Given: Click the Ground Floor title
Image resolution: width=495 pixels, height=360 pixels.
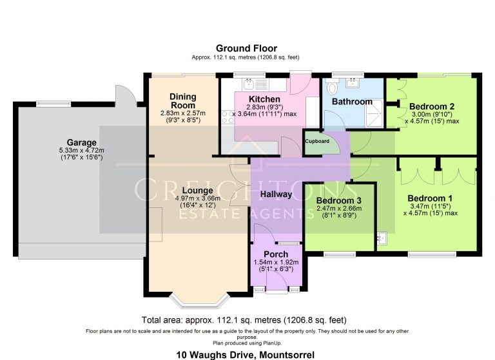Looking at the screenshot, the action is tap(246, 48).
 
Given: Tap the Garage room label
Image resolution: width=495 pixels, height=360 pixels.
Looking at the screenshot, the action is tap(81, 142).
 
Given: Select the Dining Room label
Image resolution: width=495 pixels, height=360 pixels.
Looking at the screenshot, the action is tap(183, 101).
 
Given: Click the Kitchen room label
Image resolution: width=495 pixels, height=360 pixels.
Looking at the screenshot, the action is tap(264, 99).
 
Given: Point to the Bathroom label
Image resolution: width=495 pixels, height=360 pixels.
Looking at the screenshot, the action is tap(352, 102).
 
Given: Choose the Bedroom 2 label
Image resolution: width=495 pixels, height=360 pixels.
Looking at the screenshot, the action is tap(432, 106).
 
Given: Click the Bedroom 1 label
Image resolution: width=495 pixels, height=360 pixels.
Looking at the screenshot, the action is tap(430, 198).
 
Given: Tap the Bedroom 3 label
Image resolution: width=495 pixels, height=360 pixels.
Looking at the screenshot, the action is tap(339, 200).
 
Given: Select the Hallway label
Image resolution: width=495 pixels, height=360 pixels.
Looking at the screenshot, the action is tap(276, 194).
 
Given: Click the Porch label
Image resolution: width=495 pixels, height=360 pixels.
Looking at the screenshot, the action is tap(276, 254).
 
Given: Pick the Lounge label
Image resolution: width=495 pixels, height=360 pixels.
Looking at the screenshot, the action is tap(198, 191).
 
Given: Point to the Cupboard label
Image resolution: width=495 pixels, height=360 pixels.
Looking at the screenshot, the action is tap(317, 141).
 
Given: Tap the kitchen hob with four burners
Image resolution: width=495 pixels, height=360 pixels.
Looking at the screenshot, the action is tap(228, 117).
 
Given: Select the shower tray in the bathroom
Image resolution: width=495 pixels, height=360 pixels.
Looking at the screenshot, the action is tap(374, 114).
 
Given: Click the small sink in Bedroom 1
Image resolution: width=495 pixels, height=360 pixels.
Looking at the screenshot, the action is tap(382, 238).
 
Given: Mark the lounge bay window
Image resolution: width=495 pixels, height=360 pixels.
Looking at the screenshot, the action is tap(199, 301).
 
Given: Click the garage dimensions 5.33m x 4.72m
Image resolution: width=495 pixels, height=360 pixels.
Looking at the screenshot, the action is tap(81, 151).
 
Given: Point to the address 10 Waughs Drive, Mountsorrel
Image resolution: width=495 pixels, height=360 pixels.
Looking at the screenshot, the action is tap(246, 355).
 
